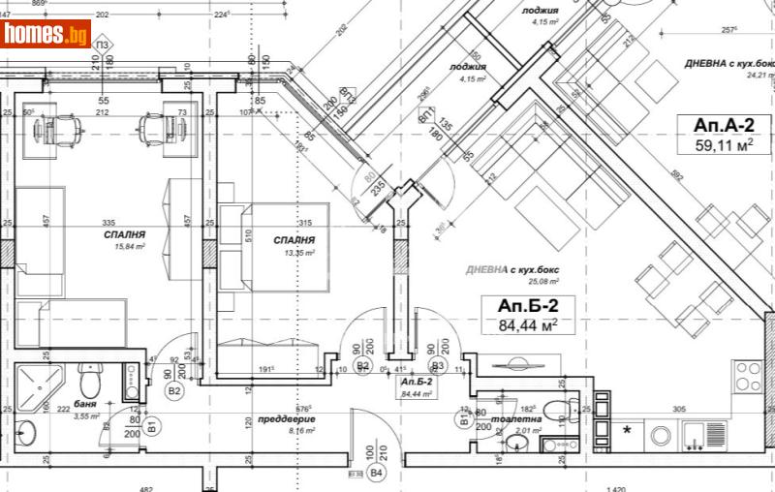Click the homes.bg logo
[46, 34]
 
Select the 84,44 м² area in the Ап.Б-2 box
[528, 325]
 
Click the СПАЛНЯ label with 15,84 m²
[125, 235]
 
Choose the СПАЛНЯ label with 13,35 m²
[294, 240]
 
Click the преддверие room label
[288, 419]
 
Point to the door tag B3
[438, 365]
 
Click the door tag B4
[378, 473]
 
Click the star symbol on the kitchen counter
[627, 428]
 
